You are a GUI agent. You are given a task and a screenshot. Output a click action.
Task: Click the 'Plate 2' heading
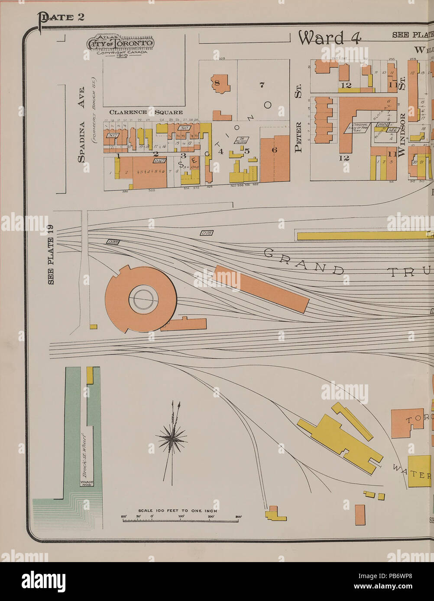62,18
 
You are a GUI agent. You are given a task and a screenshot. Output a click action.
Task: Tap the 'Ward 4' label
329,38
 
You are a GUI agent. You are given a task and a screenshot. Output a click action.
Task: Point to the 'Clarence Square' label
146,112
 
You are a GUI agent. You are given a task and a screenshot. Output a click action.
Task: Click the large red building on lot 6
275,158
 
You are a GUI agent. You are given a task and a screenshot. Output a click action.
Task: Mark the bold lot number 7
262,85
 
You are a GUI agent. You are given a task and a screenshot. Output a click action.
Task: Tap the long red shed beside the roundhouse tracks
261,289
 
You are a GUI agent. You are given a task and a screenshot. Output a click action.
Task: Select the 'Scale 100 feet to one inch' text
178,511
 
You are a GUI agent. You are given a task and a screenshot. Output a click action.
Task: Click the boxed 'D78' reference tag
207,233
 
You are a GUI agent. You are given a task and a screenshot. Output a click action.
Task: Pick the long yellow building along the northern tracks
364,236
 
